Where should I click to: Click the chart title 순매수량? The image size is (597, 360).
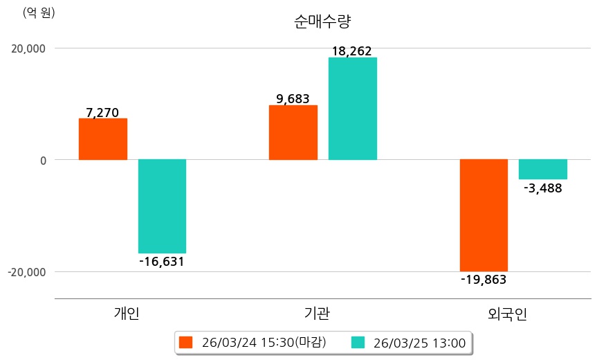[323, 21]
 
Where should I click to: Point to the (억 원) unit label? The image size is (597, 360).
[39, 12]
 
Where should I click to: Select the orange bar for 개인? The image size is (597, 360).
[103, 139]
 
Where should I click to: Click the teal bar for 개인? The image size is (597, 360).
[162, 206]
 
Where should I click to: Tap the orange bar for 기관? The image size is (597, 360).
[293, 132]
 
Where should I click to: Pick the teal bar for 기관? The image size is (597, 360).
[352, 109]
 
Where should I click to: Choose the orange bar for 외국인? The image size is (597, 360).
[484, 215]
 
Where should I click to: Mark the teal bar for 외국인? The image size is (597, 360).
[543, 170]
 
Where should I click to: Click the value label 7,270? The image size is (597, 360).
[102, 111]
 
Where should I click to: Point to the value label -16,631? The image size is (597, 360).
[162, 262]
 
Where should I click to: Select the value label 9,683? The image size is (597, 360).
[293, 98]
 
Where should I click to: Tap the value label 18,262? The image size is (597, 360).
[351, 51]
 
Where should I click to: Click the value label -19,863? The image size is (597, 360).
[484, 280]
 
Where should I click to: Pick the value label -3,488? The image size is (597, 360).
[543, 188]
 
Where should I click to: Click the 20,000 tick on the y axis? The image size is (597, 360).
[27, 48]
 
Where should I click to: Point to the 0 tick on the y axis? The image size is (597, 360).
[43, 160]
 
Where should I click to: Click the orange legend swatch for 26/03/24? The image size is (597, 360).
[185, 342]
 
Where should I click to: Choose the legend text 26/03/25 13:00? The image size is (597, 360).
[419, 342]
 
